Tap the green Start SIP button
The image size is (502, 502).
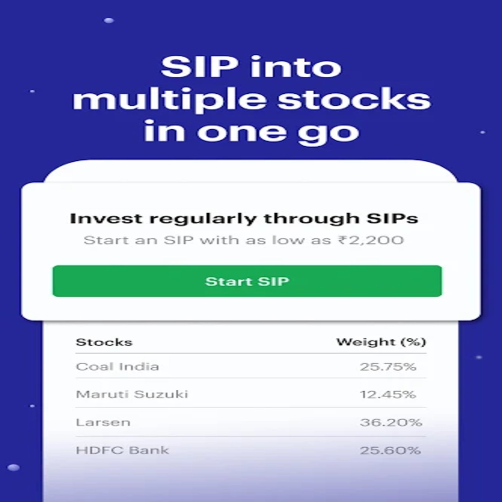point(247,281)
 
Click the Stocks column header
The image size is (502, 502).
point(104,342)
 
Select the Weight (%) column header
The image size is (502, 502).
point(381,342)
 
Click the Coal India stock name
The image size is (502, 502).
point(118,366)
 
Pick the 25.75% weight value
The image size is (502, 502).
point(388,366)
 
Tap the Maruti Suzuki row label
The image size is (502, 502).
point(132,394)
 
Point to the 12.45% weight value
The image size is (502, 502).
point(388,394)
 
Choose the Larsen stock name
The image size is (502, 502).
point(103,422)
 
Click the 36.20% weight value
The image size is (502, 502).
point(391,422)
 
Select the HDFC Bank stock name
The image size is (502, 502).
point(122,450)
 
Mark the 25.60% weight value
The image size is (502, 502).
point(390,450)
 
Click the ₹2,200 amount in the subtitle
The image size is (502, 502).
point(371,240)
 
